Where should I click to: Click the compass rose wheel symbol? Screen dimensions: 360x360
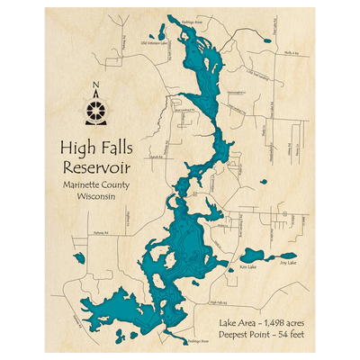click(95, 112)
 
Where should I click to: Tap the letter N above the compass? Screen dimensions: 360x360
click(95, 88)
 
